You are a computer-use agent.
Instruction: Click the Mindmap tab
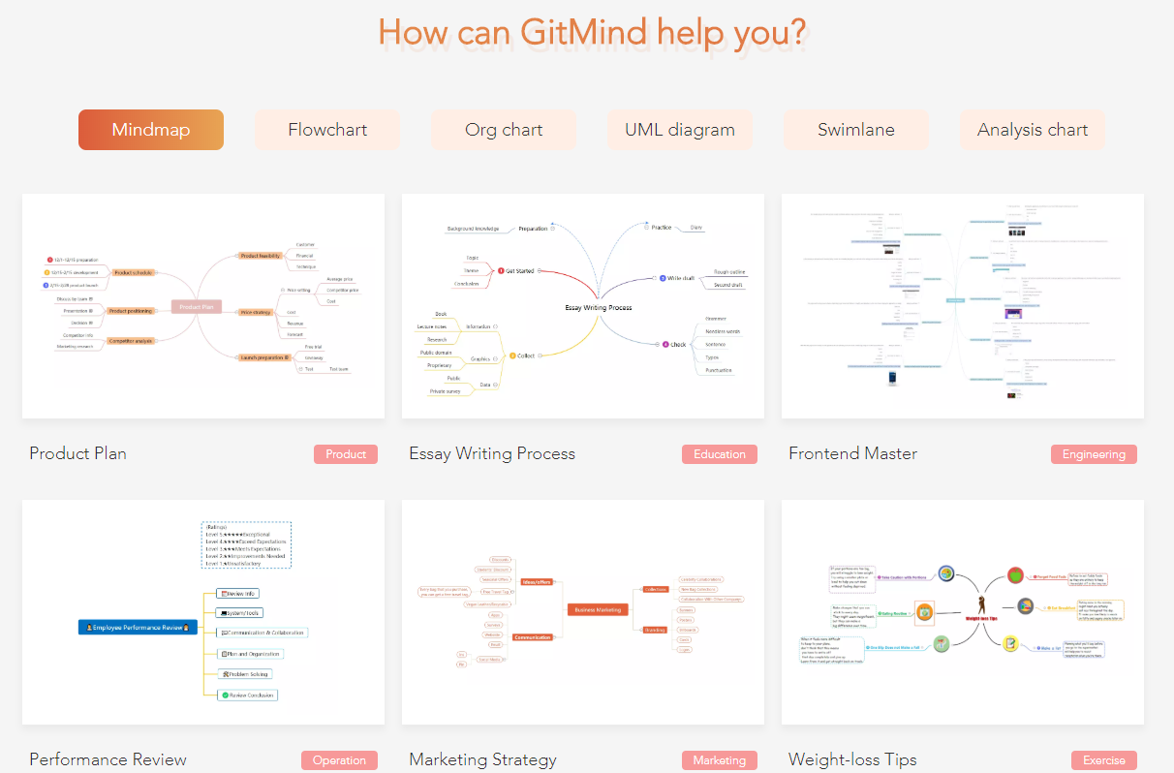point(151,130)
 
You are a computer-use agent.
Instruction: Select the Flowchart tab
point(327,130)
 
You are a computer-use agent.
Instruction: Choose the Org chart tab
point(504,130)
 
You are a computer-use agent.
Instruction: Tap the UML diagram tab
point(680,130)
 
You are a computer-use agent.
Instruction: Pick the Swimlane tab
point(856,130)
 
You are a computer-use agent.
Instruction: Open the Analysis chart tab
point(1033,130)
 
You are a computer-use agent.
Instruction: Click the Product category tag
point(346,454)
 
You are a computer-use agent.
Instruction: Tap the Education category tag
point(720,454)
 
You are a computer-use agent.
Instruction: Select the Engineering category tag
point(1094,454)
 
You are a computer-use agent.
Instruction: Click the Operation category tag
point(339,760)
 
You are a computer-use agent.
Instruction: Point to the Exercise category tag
point(1104,760)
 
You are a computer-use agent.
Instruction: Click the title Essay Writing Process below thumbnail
point(492,453)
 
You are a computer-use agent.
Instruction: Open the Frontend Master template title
point(852,453)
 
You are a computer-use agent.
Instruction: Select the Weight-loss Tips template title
point(852,759)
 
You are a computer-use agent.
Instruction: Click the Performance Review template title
point(108,759)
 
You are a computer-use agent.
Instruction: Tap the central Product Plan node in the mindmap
point(197,307)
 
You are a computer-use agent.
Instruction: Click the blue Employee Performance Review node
point(138,628)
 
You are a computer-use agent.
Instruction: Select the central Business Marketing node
point(598,609)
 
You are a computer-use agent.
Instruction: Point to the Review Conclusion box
point(248,695)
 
